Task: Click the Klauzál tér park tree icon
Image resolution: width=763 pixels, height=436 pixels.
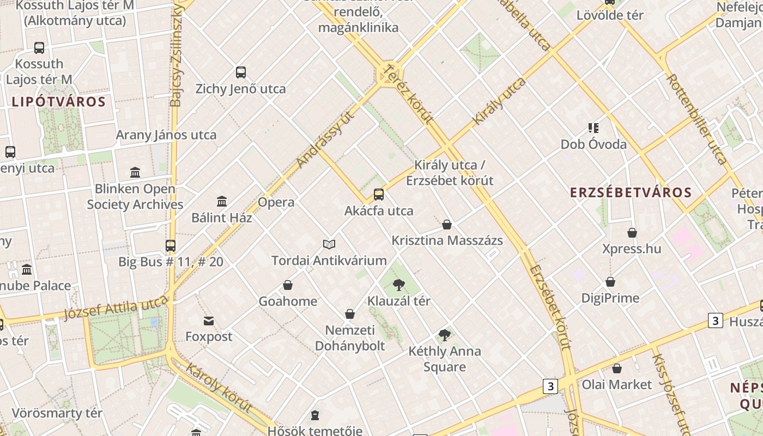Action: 399,284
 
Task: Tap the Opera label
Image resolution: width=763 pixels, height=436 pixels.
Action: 276,202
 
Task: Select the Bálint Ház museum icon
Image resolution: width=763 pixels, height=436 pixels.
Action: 222,202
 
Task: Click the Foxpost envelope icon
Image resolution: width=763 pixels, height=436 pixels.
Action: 209,320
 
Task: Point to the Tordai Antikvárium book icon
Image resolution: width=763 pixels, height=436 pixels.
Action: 329,244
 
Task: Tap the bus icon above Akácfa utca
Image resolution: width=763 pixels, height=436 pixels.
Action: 379,195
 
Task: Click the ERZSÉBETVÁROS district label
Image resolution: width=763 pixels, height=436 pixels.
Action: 631,192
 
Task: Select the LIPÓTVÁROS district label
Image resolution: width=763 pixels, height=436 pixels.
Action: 58,102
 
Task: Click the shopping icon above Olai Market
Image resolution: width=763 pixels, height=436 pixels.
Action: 617,368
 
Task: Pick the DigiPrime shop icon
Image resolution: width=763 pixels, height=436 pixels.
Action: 610,282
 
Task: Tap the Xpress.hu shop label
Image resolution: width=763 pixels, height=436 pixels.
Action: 632,249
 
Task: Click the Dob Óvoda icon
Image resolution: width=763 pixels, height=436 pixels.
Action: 594,129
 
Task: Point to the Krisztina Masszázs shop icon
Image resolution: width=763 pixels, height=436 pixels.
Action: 447,225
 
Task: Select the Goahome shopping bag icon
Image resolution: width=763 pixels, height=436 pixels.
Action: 288,285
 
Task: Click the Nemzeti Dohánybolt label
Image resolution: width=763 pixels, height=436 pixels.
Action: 350,338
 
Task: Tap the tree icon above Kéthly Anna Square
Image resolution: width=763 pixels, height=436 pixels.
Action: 445,335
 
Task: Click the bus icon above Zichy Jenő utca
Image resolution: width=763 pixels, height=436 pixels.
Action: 241,72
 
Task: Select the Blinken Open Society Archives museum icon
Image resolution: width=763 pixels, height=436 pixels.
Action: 135,173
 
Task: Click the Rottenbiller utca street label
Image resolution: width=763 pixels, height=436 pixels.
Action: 697,119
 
